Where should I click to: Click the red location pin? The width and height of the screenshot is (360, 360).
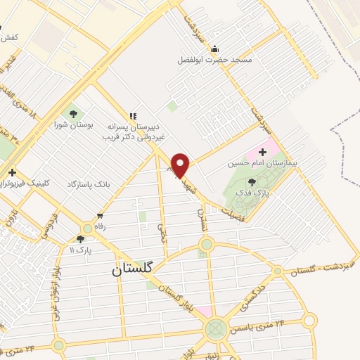pos(181,166)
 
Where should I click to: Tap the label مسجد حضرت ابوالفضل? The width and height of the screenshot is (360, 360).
pos(214,60)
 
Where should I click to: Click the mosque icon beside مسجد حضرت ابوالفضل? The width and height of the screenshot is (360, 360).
pos(214,49)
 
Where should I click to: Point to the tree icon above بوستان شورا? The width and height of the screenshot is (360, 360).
pos(72,112)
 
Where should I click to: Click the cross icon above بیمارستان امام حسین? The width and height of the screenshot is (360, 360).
pos(263,151)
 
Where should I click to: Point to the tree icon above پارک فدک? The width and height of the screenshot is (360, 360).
pos(252,182)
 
